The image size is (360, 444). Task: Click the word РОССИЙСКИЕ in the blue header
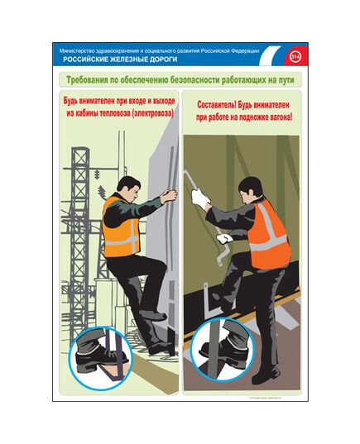pos(84,60)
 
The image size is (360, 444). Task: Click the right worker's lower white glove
pos(221,239)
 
